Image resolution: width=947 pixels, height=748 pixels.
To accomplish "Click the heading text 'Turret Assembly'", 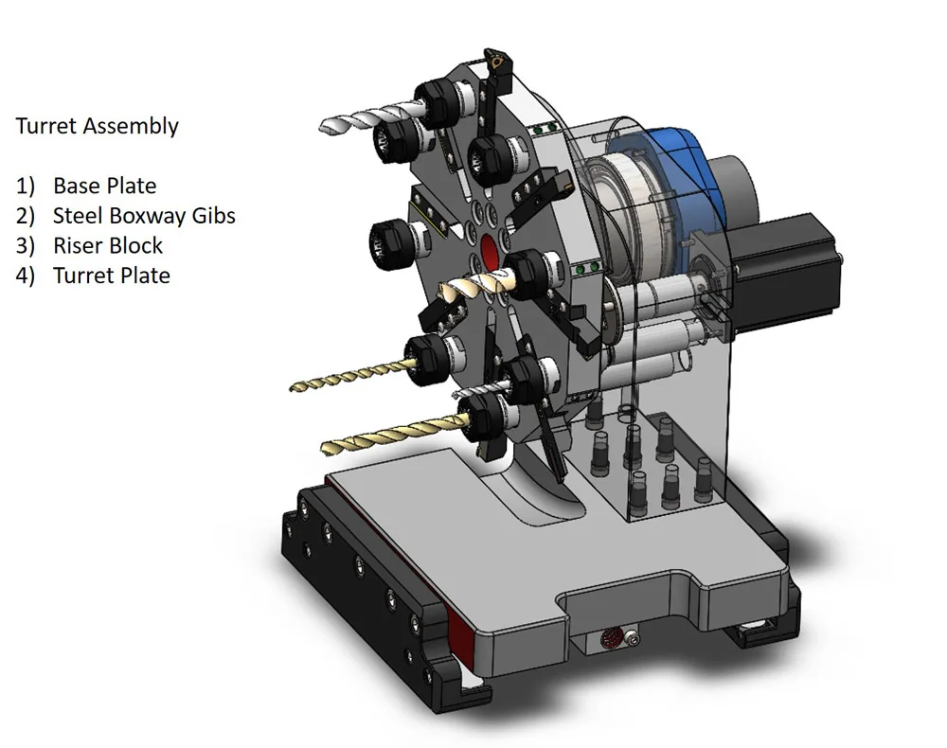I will point(97,126).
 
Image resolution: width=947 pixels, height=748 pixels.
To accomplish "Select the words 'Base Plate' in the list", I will point(104,186).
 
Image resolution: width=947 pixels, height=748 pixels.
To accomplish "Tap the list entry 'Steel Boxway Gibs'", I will point(144,216).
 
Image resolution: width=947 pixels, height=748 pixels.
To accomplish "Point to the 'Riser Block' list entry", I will point(107,246).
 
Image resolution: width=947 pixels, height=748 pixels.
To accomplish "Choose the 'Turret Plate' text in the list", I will point(111,276).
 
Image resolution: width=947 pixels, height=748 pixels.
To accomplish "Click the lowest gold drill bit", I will point(388,435).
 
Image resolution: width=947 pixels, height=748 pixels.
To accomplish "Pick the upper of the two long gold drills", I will point(350,379).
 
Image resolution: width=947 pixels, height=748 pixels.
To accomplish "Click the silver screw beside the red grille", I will point(632,641).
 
